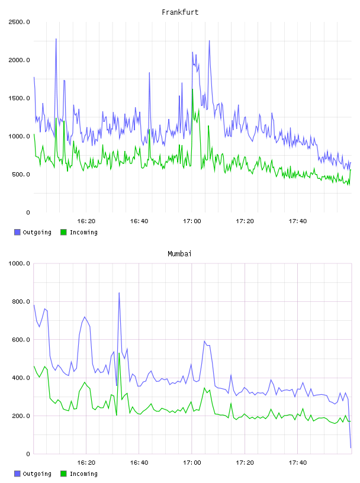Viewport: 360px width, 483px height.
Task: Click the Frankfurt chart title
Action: (x=180, y=12)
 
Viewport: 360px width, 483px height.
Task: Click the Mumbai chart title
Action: (x=179, y=253)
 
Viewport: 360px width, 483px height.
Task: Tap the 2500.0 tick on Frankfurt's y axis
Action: (x=19, y=22)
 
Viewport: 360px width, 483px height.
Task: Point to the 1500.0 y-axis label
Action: (x=19, y=98)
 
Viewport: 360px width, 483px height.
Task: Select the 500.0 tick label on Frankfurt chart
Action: (x=21, y=175)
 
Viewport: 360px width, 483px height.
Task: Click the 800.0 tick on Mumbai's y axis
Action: (x=21, y=301)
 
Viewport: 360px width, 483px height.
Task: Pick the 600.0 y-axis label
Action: (x=21, y=340)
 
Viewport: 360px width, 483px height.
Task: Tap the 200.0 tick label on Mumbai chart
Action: (x=21, y=416)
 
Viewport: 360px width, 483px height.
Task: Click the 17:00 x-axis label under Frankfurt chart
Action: (x=192, y=221)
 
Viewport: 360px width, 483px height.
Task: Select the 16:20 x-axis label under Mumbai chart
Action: (x=86, y=462)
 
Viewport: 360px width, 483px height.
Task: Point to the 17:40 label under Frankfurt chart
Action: (x=297, y=221)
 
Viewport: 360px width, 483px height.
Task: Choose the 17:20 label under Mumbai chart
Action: (x=245, y=462)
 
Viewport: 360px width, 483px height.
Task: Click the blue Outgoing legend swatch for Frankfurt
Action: (x=17, y=232)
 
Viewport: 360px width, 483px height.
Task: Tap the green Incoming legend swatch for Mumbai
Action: (x=63, y=474)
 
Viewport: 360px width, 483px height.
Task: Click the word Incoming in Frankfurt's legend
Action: (x=83, y=232)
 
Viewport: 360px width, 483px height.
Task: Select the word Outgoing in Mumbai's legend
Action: (x=37, y=474)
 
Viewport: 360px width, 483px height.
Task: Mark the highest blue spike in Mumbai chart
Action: (x=119, y=293)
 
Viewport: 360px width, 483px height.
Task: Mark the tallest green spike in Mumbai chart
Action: (x=119, y=353)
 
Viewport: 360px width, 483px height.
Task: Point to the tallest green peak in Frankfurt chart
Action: (x=192, y=89)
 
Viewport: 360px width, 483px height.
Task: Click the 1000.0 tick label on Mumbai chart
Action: (x=19, y=263)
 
